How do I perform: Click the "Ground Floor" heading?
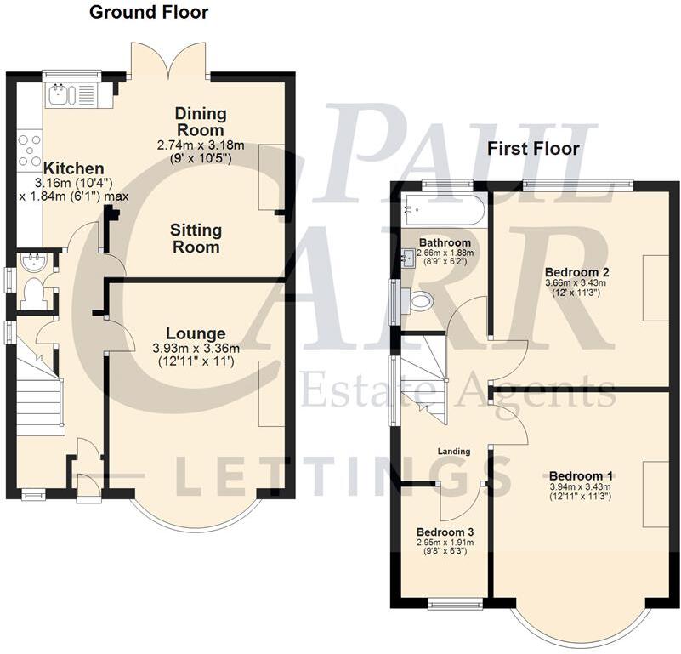point(149,12)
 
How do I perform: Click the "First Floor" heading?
point(533,148)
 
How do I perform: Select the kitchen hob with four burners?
point(30,150)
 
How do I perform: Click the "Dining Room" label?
point(200,122)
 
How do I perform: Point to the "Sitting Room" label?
point(196,238)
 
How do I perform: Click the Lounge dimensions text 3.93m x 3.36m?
point(196,348)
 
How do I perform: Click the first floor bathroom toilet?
point(420,300)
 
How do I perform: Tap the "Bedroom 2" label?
point(575,273)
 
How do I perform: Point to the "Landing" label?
point(454,451)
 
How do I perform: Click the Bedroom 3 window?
point(455,604)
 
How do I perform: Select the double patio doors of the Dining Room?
point(168,61)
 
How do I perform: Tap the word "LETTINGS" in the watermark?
point(344,476)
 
